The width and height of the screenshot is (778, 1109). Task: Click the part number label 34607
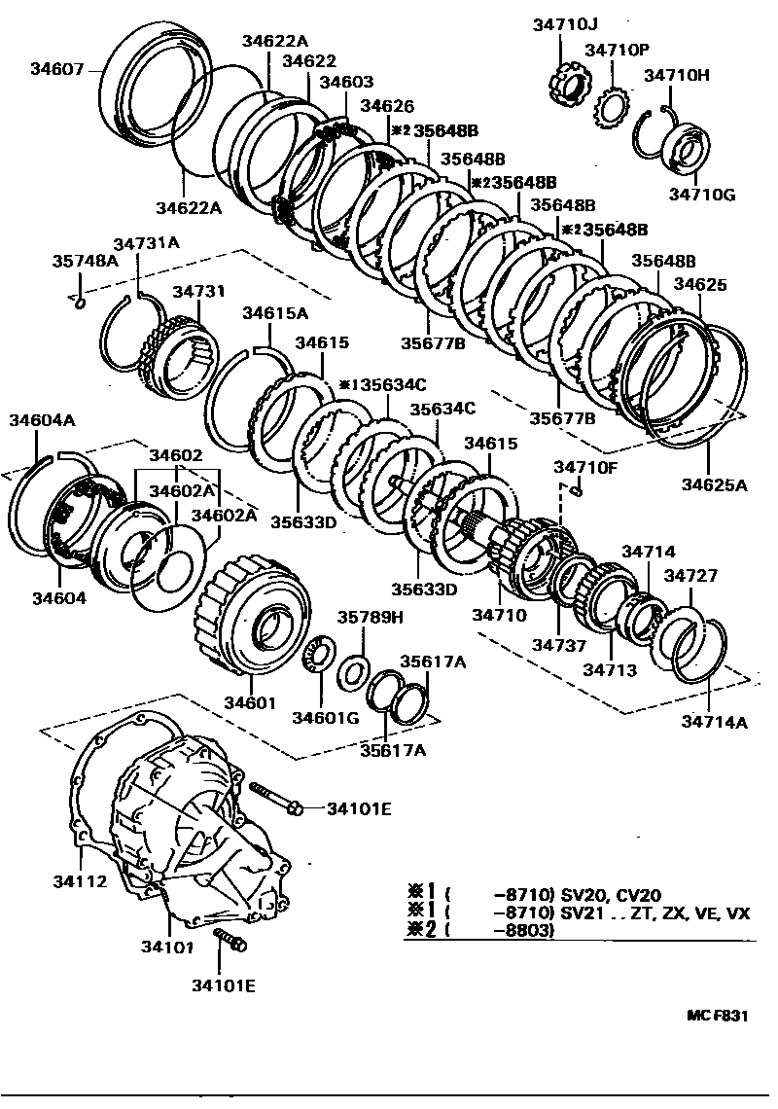point(57,68)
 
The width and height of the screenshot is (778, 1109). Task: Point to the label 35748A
point(85,261)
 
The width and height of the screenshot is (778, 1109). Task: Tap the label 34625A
point(714,484)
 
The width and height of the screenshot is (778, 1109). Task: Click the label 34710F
point(585,467)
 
